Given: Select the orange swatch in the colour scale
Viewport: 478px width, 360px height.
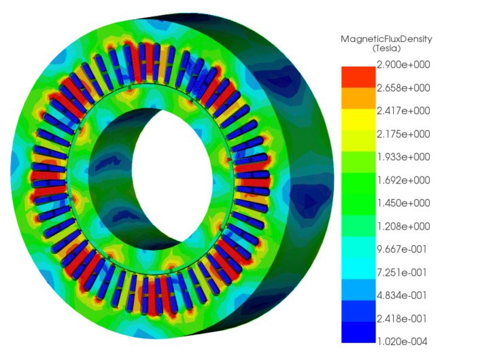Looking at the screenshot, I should pyautogui.click(x=358, y=99).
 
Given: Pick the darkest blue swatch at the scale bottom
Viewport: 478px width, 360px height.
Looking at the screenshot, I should pyautogui.click(x=358, y=331).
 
